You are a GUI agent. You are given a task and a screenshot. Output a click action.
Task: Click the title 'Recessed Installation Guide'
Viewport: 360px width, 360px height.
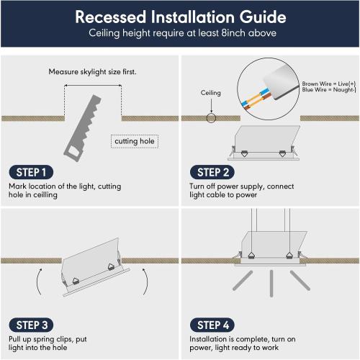tap(180, 17)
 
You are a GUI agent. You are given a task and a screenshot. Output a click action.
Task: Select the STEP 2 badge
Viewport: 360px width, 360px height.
tap(214, 172)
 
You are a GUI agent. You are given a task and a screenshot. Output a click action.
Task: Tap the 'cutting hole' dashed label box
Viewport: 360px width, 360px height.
tap(135, 142)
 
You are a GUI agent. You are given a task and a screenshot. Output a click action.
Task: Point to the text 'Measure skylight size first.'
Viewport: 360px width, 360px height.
tap(92, 72)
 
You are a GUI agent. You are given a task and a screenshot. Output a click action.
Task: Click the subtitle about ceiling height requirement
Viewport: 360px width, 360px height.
tap(180, 34)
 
